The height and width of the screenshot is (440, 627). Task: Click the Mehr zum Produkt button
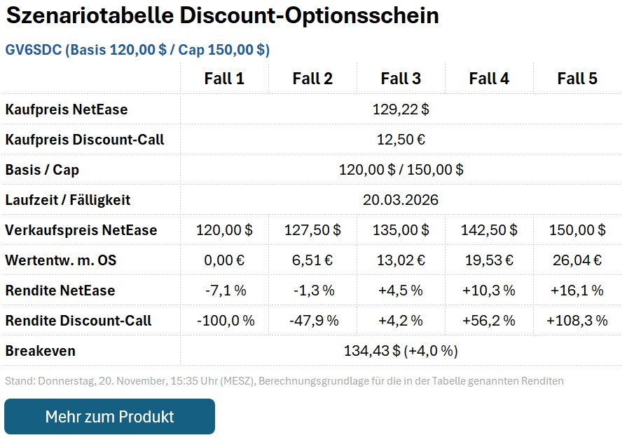coord(109,416)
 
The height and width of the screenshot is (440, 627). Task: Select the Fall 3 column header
coord(401,79)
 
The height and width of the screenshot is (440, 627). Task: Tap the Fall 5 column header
coord(577,79)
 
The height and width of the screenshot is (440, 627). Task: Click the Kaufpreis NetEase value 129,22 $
coord(401,109)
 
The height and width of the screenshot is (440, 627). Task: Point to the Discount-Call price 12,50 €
coord(401,140)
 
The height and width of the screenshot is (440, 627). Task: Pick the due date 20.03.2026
coord(401,200)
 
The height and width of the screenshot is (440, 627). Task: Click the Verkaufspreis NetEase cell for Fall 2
coord(312,230)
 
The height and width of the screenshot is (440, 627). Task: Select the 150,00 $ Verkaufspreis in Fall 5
coord(577,230)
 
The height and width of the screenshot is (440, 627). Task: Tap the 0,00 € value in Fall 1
coord(224,260)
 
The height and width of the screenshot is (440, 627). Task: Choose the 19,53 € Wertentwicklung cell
coord(489,260)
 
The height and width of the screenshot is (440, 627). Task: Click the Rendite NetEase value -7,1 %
coord(224,291)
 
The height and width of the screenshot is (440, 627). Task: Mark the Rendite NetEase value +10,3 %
coord(489,291)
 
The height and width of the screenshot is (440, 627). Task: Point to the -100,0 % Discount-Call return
coord(224,321)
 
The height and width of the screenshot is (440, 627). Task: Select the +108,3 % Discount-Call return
coord(577,321)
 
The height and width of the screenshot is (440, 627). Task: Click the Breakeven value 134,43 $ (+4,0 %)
coord(401,351)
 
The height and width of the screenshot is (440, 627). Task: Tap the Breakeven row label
coord(40,351)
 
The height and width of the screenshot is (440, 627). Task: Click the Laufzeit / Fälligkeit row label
coord(68,200)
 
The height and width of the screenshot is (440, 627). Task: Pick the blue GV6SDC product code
coord(34,50)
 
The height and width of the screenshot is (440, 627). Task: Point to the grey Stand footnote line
coord(284,381)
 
